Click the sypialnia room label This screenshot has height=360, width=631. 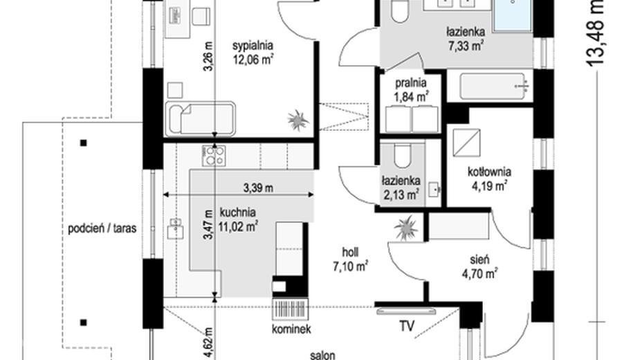click(253, 46)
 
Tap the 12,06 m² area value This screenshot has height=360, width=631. click(253, 60)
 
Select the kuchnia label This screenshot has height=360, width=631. click(237, 213)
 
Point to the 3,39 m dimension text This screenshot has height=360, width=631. click(258, 188)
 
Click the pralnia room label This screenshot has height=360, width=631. click(410, 83)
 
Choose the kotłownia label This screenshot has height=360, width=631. click(489, 172)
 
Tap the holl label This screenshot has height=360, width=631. click(350, 252)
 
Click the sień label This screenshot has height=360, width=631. click(479, 260)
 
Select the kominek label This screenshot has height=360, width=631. click(291, 329)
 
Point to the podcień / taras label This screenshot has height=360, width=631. click(102, 228)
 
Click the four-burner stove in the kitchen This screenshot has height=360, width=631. click(214, 156)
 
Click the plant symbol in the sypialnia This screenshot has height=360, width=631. click(298, 120)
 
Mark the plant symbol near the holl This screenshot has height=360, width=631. click(406, 228)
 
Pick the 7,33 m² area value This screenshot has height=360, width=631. click(466, 46)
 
